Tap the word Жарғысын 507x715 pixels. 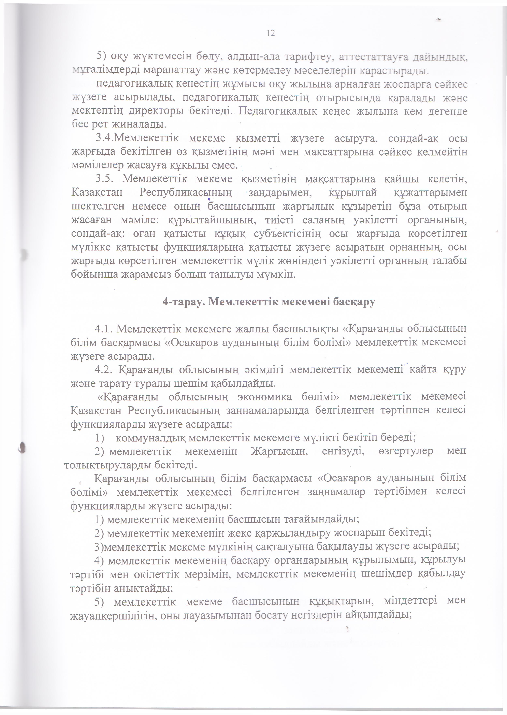pos(279,451)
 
